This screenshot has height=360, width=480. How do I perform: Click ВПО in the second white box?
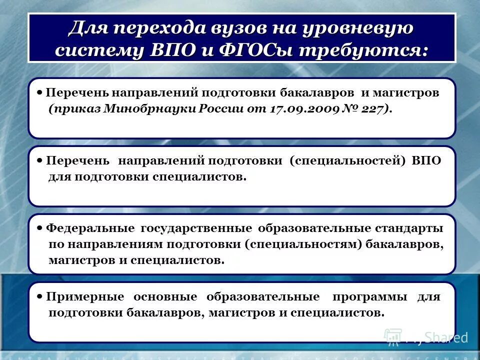coord(427,161)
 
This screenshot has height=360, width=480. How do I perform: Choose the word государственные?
coord(196,228)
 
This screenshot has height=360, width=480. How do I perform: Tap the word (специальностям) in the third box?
coord(303,244)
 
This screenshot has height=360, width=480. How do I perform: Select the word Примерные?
coord(85,296)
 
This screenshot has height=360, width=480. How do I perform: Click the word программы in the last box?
coord(369,296)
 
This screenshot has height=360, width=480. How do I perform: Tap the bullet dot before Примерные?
coord(40,296)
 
